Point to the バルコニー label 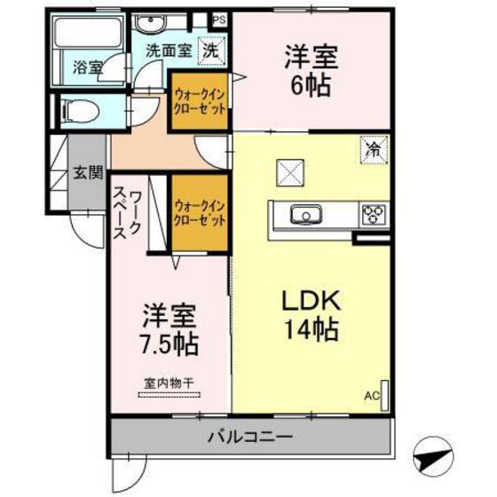click(x=251, y=437)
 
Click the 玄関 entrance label click(x=86, y=172)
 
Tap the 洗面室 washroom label click(x=168, y=51)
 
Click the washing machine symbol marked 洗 click(x=209, y=51)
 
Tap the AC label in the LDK click(x=372, y=396)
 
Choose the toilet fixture click(x=80, y=112)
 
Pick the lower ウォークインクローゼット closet click(x=199, y=212)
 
